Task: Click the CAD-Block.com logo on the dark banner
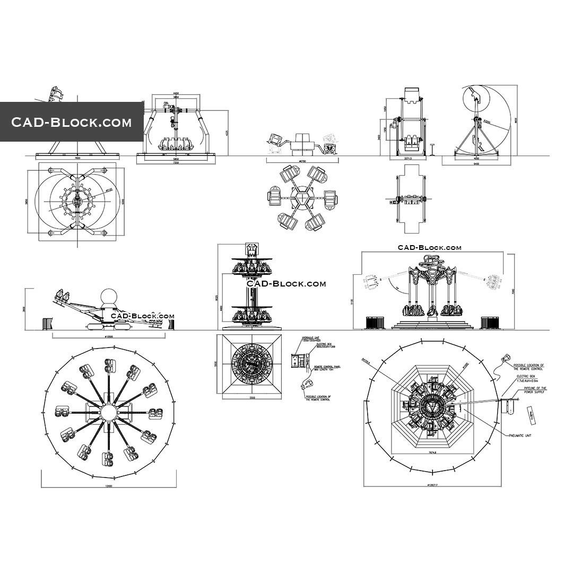72,123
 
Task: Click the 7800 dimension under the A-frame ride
77,158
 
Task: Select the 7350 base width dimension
176,163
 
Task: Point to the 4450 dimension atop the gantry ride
176,94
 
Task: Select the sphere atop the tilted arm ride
110,297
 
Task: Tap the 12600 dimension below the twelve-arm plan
109,486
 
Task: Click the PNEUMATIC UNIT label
520,435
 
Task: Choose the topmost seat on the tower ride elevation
251,248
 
